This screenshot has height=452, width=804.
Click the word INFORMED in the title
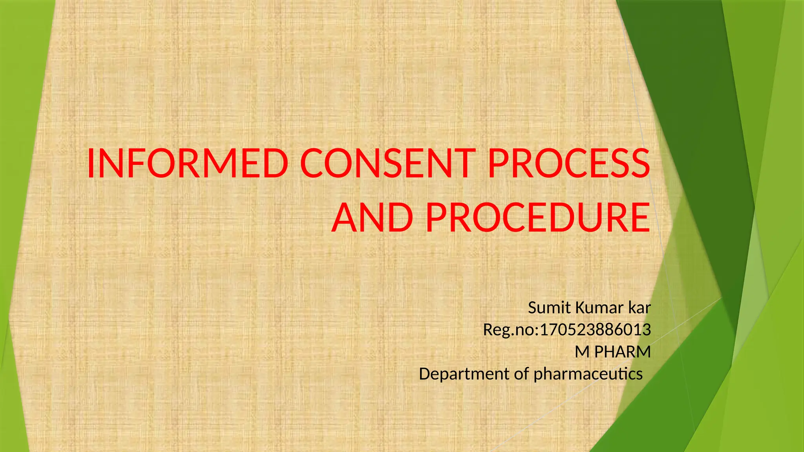188,163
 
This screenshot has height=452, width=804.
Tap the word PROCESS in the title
569,163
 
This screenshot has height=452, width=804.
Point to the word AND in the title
373,217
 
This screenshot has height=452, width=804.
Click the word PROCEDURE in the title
538,217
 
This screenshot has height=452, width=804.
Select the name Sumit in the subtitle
550,308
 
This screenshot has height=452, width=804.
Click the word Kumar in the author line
599,308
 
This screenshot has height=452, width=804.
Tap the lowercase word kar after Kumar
640,308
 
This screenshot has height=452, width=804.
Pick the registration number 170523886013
596,330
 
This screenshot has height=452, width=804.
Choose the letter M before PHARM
582,352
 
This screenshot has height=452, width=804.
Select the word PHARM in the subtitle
623,352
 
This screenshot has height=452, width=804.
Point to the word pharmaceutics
588,374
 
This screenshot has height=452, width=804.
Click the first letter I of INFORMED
90,163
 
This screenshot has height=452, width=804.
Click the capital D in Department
425,374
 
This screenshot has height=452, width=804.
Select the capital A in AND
346,217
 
